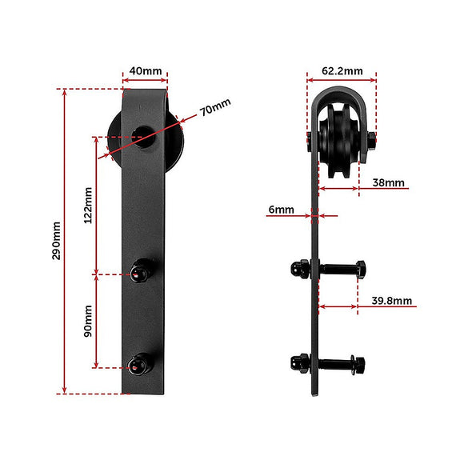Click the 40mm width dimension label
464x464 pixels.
pos(145,70)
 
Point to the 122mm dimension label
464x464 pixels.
pos(88,204)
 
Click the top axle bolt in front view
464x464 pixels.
pos(145,135)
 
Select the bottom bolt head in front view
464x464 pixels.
pos(141,366)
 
